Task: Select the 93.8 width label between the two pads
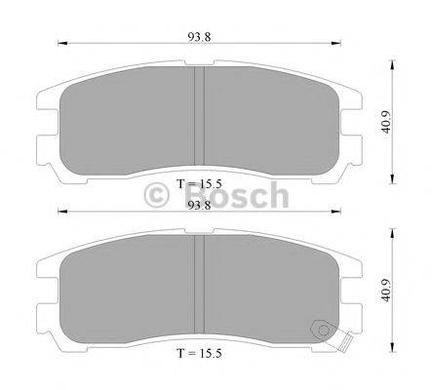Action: point(199,206)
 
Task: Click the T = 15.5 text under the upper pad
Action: point(198,182)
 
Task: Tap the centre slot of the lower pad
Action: point(199,284)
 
